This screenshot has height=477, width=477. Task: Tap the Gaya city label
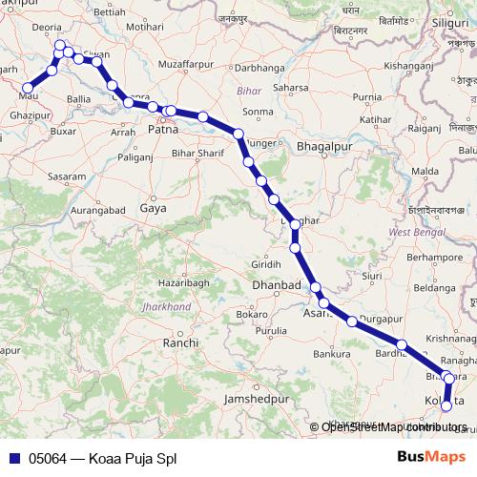[x=153, y=207]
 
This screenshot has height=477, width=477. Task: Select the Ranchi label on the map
[x=180, y=342]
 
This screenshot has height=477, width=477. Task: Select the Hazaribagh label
[x=184, y=284]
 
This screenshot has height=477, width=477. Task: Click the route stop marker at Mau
[x=28, y=88]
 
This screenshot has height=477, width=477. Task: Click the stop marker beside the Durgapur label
[x=352, y=321]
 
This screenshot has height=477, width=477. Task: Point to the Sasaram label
[x=67, y=177]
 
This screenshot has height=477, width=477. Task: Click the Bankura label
[x=332, y=355]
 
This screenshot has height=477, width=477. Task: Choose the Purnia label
[x=367, y=97]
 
